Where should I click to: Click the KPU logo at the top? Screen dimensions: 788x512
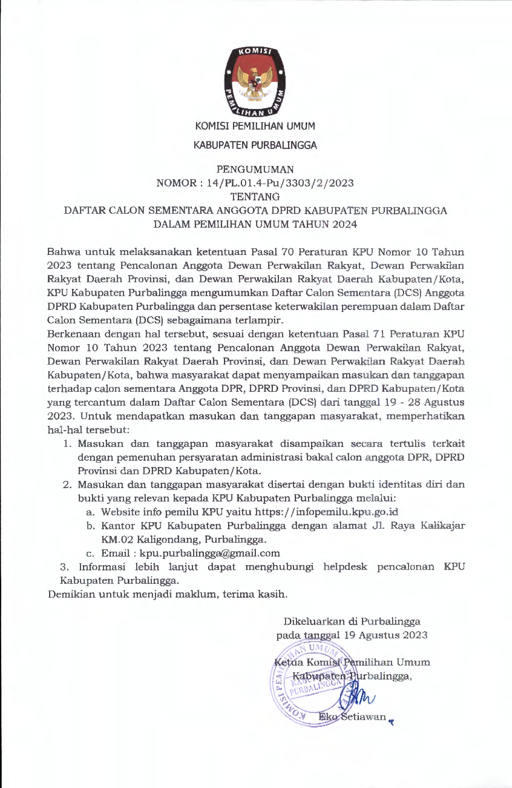(x=255, y=81)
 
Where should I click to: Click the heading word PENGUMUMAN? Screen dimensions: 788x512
(x=255, y=169)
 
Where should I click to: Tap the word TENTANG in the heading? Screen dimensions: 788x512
(x=255, y=196)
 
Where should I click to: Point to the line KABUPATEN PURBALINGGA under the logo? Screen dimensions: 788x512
(x=255, y=145)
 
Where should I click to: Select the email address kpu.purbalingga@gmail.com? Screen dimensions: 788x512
(x=209, y=553)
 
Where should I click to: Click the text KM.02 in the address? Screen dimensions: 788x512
(x=117, y=539)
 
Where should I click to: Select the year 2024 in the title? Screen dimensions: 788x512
(x=345, y=224)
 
